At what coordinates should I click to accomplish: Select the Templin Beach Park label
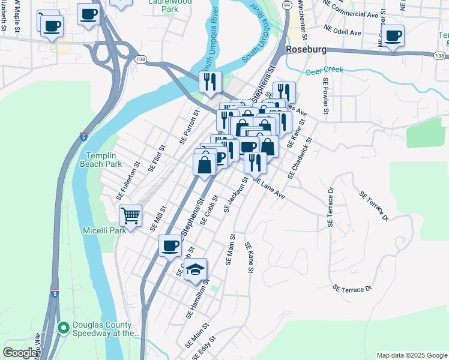click(101, 159)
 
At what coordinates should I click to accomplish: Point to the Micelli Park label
click(104, 230)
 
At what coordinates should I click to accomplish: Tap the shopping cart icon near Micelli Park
click(130, 215)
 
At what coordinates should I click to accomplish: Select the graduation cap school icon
click(196, 269)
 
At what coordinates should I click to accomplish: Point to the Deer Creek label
click(325, 70)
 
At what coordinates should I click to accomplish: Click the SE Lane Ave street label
click(268, 188)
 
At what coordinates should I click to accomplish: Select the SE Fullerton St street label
click(128, 181)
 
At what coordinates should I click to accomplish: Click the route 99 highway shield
click(287, 5)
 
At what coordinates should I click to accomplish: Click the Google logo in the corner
click(19, 353)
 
